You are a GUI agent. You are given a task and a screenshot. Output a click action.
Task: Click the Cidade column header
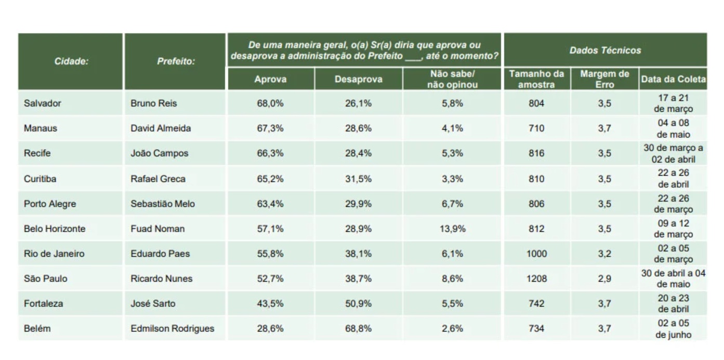[71, 62]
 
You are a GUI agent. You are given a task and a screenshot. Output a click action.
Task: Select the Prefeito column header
[176, 62]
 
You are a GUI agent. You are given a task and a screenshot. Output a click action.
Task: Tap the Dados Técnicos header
[605, 50]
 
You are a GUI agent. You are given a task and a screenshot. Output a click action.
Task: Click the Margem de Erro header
[605, 79]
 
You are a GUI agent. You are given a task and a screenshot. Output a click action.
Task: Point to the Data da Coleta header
[673, 79]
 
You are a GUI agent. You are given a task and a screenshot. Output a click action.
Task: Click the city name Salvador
[43, 103]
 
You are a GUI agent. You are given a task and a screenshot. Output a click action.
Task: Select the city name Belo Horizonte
[55, 229]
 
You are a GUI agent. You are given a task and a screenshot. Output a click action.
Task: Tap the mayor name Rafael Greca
[158, 179]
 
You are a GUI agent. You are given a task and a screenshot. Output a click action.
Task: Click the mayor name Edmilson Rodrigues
[172, 329]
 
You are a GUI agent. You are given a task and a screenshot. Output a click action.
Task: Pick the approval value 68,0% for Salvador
[270, 103]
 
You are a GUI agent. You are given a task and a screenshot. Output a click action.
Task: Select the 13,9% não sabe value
[452, 229]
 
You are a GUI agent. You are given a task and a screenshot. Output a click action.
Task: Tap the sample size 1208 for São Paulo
[537, 279]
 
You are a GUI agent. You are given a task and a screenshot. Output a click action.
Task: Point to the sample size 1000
[537, 254]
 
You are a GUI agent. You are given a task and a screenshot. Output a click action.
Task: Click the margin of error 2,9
[604, 279]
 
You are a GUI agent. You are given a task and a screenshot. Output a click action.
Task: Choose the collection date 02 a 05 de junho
[673, 329]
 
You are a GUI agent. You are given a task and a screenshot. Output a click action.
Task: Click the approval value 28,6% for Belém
[270, 329]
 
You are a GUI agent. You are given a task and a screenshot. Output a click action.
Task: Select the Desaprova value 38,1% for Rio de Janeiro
[359, 254]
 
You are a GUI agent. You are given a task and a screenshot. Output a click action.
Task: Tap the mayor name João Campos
[159, 154]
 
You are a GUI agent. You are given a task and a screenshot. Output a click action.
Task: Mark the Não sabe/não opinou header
[452, 79]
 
